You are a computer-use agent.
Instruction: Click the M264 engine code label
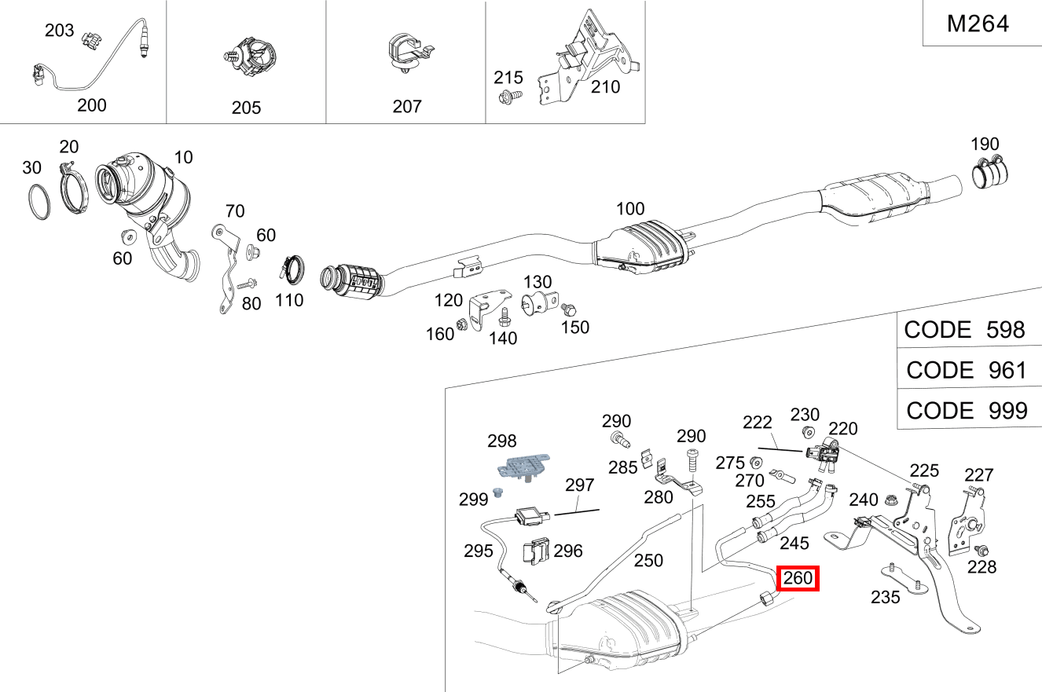(978, 24)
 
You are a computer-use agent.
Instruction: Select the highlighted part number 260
(798, 579)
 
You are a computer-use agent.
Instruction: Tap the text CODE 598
(964, 330)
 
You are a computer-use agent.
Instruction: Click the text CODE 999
(966, 410)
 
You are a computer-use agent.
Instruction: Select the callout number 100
(629, 209)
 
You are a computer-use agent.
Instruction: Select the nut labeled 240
(890, 499)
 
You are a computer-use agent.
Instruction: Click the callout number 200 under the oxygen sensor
(92, 105)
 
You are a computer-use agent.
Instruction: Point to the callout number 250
(648, 561)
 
